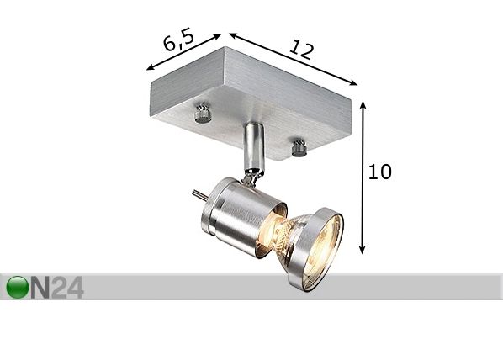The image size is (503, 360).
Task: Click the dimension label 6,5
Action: click(178, 40)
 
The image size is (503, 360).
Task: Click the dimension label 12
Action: click(301, 50)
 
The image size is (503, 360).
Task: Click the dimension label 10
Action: click(380, 172)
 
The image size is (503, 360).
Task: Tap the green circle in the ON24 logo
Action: click(18, 287)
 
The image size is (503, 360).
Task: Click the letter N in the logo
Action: click(40, 288)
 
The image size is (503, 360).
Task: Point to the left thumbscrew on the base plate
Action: click(203, 114)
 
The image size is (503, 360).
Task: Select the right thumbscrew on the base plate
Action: click(299, 147)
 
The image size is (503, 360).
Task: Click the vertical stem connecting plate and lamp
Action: click(253, 147)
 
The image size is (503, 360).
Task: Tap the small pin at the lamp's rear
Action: click(199, 195)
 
